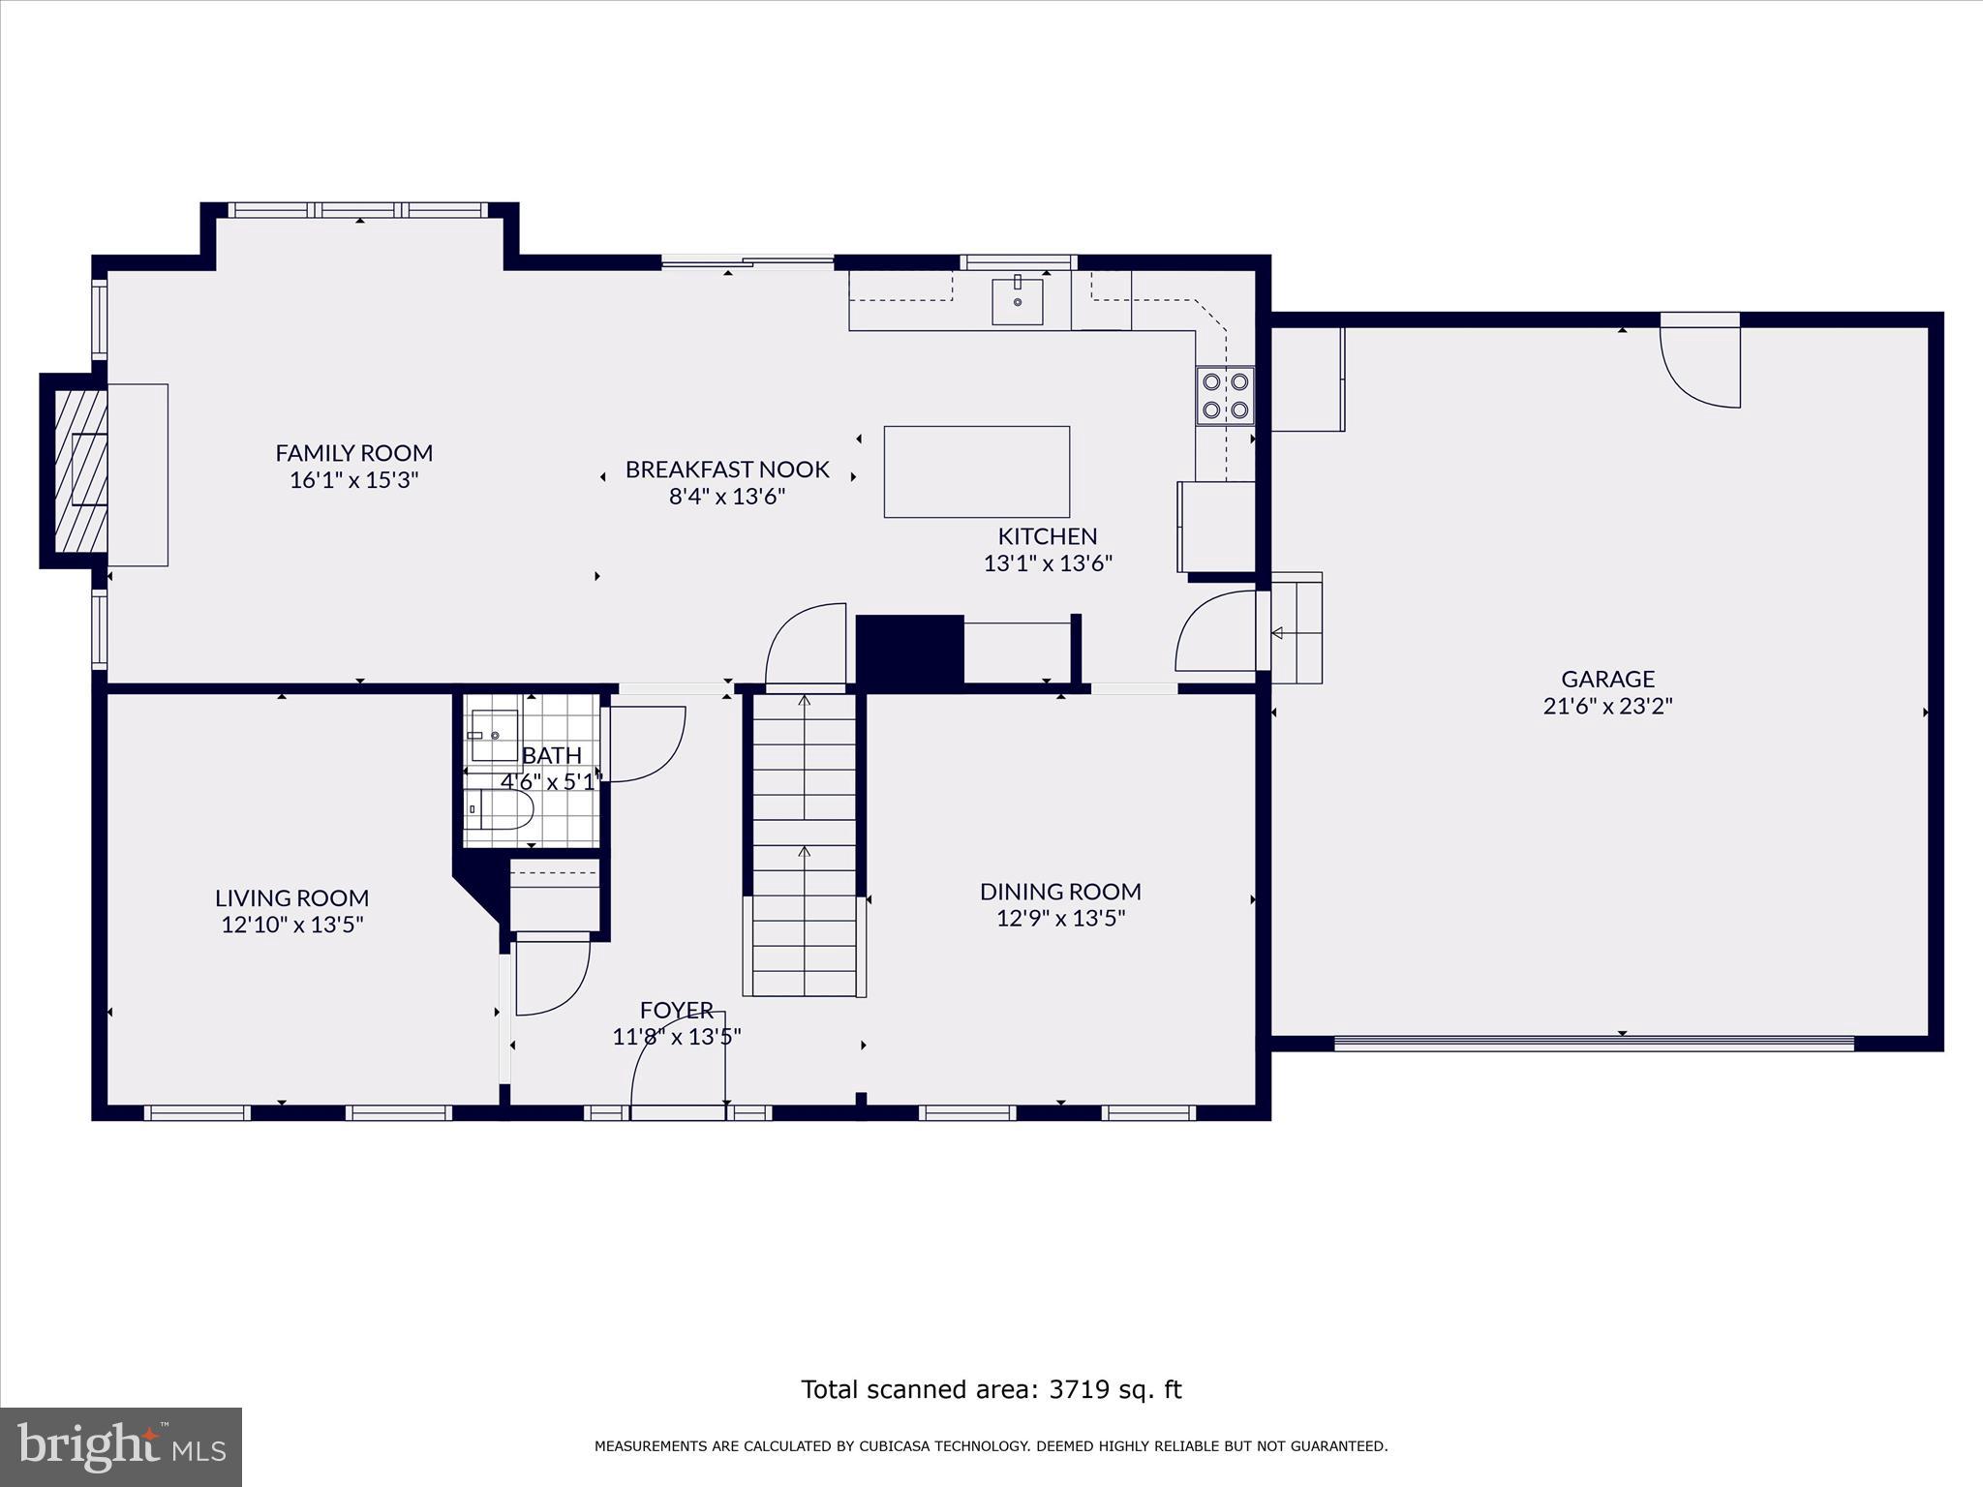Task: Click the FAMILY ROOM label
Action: pyautogui.click(x=353, y=453)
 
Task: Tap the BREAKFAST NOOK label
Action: pyautogui.click(x=727, y=470)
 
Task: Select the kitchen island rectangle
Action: pyautogui.click(x=976, y=471)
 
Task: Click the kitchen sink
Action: pyautogui.click(x=1018, y=299)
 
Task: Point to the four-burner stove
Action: pyautogui.click(x=1225, y=395)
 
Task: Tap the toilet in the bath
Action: pyautogui.click(x=499, y=809)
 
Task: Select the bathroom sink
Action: pyautogui.click(x=494, y=736)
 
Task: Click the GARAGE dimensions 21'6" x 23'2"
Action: pyautogui.click(x=1607, y=706)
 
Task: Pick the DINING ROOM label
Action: pyautogui.click(x=1060, y=892)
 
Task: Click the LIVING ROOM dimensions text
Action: pyautogui.click(x=291, y=925)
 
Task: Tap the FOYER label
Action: pyautogui.click(x=676, y=1010)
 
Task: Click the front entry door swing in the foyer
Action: pyautogui.click(x=678, y=1061)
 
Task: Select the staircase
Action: pyautogui.click(x=804, y=844)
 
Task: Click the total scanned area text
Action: pyautogui.click(x=991, y=1390)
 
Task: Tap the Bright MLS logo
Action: pyautogui.click(x=121, y=1446)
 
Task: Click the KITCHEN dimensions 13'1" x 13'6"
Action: pyautogui.click(x=1048, y=563)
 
